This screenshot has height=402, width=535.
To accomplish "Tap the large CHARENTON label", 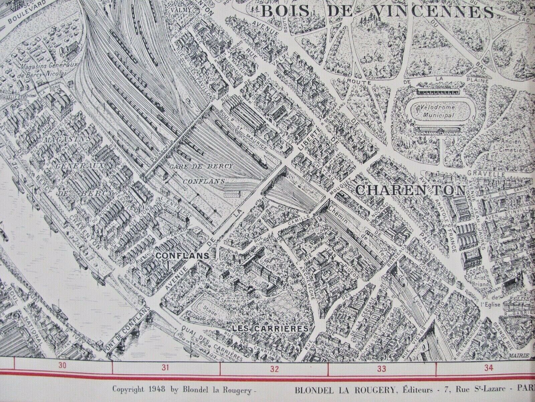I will (410, 190).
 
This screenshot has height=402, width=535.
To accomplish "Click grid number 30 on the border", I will (62, 366).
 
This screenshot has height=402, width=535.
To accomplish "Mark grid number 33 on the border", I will (382, 369).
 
